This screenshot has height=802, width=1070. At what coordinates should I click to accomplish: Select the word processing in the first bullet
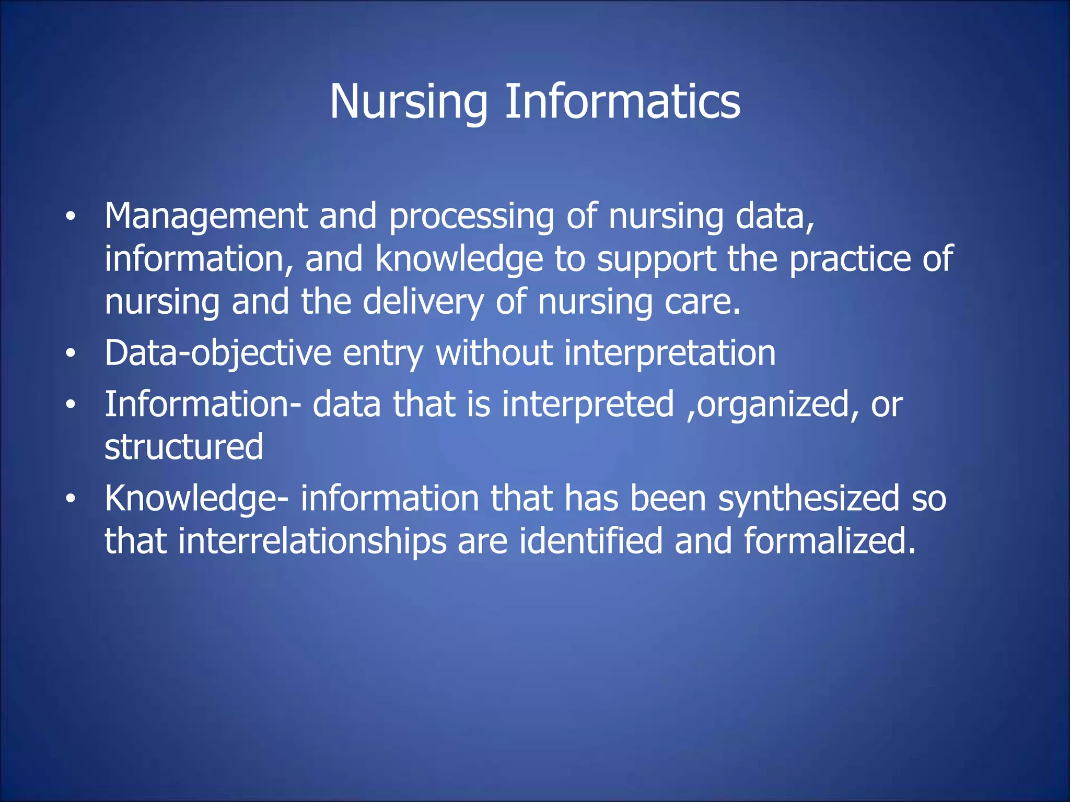[471, 217]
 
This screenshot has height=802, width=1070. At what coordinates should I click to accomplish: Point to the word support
[656, 260]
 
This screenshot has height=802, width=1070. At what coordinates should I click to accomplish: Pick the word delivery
[423, 302]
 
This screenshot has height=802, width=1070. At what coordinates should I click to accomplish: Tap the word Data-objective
[218, 353]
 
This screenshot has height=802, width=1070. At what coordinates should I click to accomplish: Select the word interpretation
[670, 353]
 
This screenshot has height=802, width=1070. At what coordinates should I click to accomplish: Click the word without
[494, 353]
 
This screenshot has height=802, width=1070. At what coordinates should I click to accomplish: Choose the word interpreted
[588, 405]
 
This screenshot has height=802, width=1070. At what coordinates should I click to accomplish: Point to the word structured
[184, 447]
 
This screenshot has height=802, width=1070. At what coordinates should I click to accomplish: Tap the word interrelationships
[312, 541]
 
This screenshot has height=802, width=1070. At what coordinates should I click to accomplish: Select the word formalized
[830, 541]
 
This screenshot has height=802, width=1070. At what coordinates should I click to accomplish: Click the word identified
[591, 541]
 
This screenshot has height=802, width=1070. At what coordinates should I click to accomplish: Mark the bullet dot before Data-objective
[71, 355]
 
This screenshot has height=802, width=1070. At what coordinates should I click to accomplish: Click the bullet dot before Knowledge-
[71, 499]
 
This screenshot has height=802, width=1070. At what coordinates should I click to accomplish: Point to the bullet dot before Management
[71, 217]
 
